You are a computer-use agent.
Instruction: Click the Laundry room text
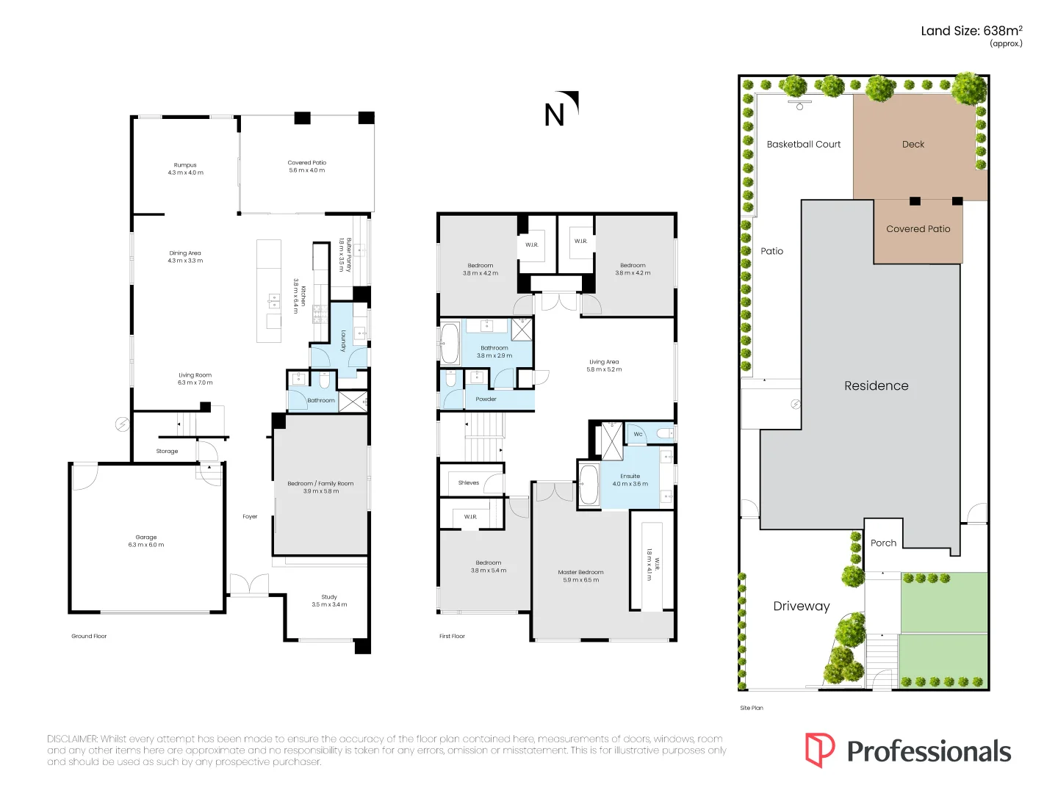(x=343, y=341)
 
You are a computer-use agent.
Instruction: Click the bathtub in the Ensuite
(x=589, y=485)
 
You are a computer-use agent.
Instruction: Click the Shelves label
(x=469, y=482)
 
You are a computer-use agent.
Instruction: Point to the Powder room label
(x=486, y=399)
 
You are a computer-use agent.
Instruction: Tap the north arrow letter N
(x=555, y=115)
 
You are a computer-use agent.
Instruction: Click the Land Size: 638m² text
(x=971, y=31)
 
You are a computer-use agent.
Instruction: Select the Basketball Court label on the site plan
(x=803, y=145)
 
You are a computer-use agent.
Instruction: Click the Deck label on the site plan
(x=913, y=145)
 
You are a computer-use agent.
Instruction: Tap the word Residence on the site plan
(x=876, y=385)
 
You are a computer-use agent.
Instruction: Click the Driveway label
(x=801, y=606)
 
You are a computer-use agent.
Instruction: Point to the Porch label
(x=883, y=543)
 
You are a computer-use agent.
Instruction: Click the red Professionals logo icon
(x=819, y=750)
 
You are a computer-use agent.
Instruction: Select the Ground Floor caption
(x=89, y=636)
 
